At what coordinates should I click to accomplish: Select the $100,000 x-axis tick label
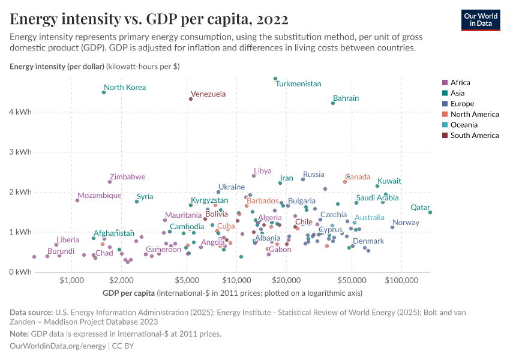click(401, 280)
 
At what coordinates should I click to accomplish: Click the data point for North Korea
click(104, 92)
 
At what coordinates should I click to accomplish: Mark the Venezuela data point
click(191, 99)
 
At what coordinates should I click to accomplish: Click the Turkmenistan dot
click(275, 79)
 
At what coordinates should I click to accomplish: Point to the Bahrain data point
click(333, 103)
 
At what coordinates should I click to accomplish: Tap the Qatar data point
click(430, 212)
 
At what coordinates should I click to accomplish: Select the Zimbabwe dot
click(110, 182)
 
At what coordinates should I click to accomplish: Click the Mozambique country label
click(100, 196)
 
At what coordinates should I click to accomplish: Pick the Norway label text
click(406, 223)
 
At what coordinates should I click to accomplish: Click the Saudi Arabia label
click(377, 197)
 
